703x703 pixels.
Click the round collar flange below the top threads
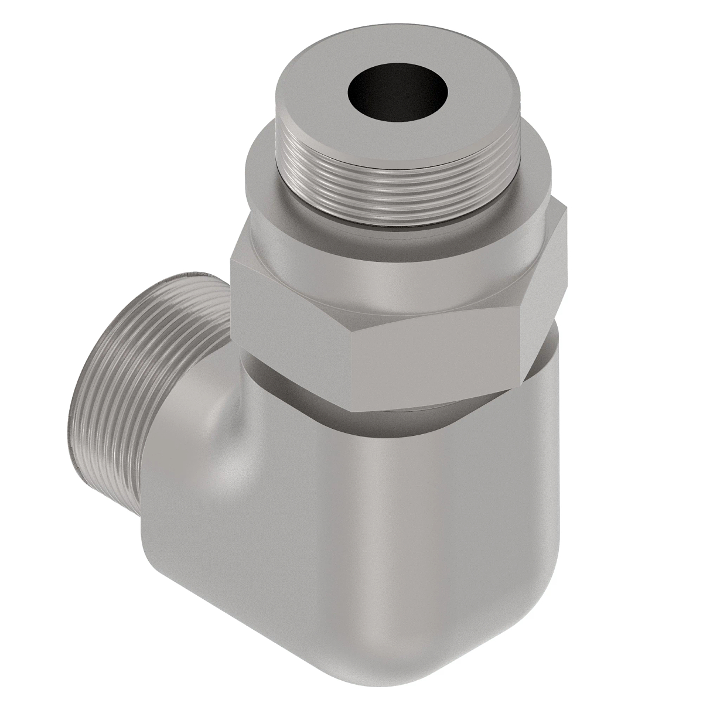point(264,176)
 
